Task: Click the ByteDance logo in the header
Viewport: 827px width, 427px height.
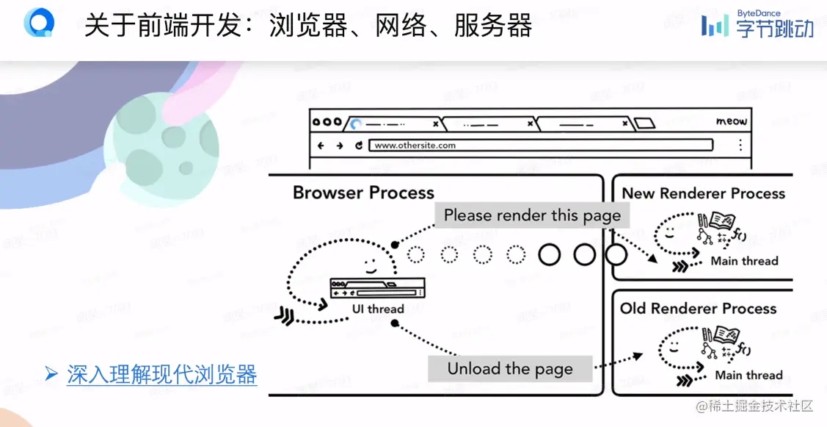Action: (x=757, y=24)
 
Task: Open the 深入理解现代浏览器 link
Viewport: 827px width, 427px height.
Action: (x=162, y=374)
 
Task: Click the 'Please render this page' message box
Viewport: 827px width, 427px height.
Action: (x=532, y=215)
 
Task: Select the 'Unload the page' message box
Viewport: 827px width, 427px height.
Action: (x=509, y=368)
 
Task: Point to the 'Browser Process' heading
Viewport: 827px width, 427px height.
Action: (x=363, y=193)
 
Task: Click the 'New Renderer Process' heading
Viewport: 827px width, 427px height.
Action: (x=703, y=193)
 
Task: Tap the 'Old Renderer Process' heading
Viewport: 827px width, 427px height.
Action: (x=698, y=309)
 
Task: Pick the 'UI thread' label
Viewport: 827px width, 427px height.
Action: (x=378, y=309)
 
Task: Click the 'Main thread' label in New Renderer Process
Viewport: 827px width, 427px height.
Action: (x=744, y=261)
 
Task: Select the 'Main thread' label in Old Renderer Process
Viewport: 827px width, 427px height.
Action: (x=748, y=375)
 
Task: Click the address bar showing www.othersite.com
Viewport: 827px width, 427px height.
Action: (x=540, y=146)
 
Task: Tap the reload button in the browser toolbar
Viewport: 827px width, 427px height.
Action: (x=359, y=146)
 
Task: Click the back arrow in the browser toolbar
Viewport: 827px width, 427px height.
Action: (x=321, y=146)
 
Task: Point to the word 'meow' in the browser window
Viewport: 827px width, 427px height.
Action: (x=731, y=121)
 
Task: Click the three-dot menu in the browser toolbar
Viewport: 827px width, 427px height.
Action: (x=740, y=145)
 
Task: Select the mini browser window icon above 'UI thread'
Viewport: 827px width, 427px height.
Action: (x=377, y=287)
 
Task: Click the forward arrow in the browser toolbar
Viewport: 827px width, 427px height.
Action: (x=340, y=146)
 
